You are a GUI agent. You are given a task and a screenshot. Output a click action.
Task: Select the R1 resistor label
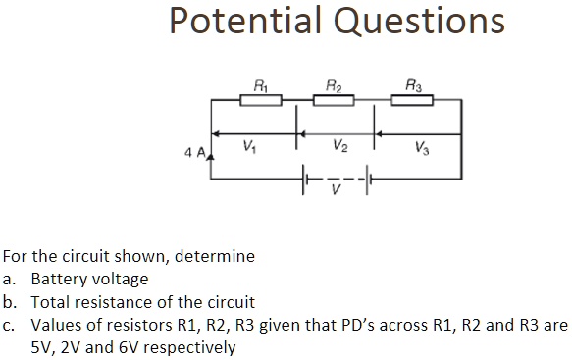pos(260,85)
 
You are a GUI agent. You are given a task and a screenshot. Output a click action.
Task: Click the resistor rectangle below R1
pos(260,100)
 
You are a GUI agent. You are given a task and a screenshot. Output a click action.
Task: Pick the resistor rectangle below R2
pos(336,100)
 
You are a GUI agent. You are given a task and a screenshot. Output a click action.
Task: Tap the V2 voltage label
pos(339,147)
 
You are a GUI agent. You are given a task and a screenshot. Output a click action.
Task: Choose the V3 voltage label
pos(422,149)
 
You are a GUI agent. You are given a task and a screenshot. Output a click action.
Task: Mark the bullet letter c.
pos(8,325)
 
